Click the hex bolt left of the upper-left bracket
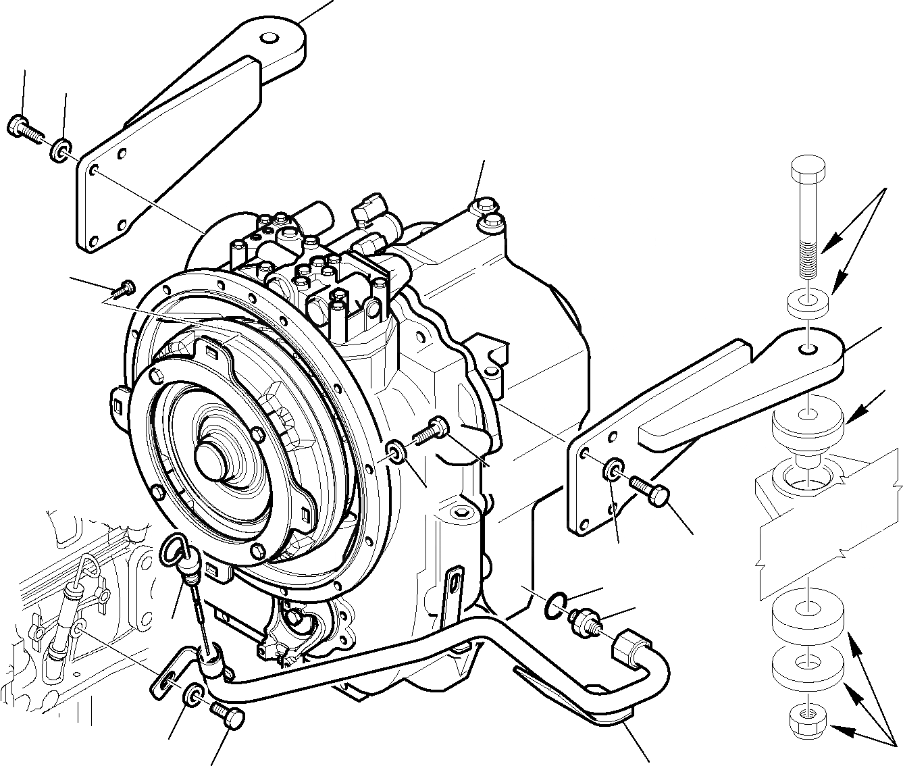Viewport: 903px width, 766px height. click(24, 128)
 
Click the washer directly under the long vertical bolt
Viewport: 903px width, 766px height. click(808, 303)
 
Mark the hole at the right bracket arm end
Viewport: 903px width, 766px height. click(808, 349)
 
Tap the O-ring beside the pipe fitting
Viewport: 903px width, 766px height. click(554, 605)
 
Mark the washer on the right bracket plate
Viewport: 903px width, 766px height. click(614, 469)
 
